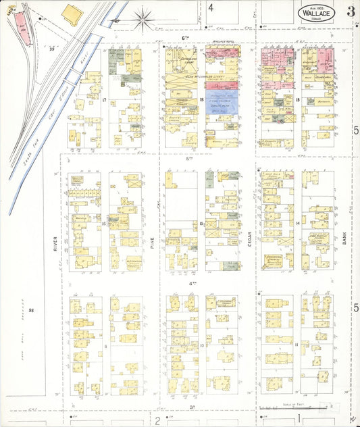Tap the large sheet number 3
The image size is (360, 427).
(x=351, y=11)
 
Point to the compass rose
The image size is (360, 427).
(x=143, y=19)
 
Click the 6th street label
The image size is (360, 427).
(x=184, y=39)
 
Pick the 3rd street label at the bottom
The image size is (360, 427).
(x=192, y=407)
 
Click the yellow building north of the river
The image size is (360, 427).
(x=72, y=13)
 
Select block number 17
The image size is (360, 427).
(x=105, y=101)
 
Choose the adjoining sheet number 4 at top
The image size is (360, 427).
(x=211, y=7)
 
